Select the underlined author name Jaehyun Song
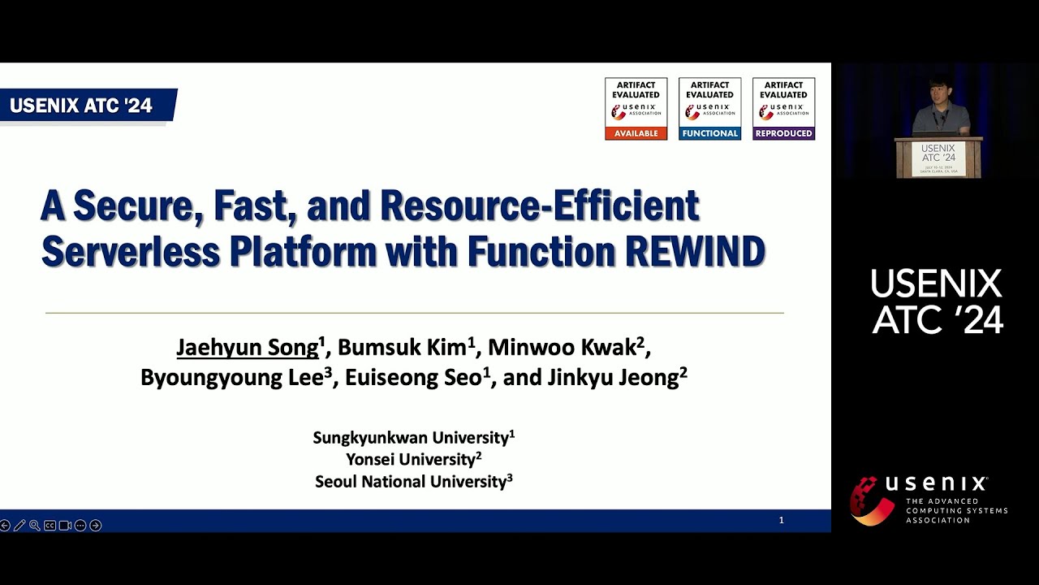click(x=248, y=348)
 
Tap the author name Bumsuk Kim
click(x=403, y=348)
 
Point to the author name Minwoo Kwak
click(x=561, y=348)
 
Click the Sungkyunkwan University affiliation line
click(x=413, y=438)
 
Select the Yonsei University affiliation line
click(x=413, y=459)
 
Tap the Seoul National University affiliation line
click(x=413, y=481)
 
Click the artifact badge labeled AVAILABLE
click(x=636, y=109)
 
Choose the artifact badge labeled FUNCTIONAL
click(x=709, y=109)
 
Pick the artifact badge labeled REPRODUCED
click(x=783, y=109)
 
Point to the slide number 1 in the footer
click(x=781, y=520)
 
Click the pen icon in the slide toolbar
click(x=19, y=526)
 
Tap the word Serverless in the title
click(x=131, y=252)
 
